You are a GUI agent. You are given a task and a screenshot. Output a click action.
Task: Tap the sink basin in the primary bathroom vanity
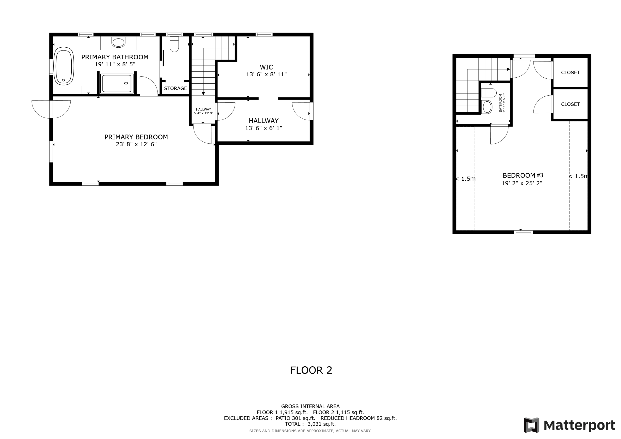pyautogui.click(x=118, y=42)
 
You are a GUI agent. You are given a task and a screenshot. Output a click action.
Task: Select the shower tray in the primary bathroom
pyautogui.click(x=117, y=84)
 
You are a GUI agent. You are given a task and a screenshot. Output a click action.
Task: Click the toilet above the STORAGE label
pyautogui.click(x=174, y=45)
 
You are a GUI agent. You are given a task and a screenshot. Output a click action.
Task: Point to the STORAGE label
pyautogui.click(x=175, y=88)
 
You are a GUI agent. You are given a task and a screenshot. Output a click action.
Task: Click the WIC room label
pyautogui.click(x=266, y=67)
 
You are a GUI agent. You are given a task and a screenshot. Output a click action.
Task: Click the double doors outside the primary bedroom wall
pyautogui.click(x=51, y=109)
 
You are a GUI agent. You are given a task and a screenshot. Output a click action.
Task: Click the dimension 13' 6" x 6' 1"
pyautogui.click(x=264, y=128)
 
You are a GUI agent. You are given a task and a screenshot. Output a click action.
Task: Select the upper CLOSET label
pyautogui.click(x=570, y=72)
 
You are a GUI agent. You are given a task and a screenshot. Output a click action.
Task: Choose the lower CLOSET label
pyautogui.click(x=570, y=104)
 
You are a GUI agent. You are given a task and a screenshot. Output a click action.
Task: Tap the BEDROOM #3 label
pyautogui.click(x=522, y=175)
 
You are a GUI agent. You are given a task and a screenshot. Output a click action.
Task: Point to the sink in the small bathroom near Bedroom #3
pyautogui.click(x=487, y=107)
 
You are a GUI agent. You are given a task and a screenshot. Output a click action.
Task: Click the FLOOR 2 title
pyautogui.click(x=311, y=370)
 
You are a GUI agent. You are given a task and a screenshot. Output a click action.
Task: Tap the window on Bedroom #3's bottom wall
pyautogui.click(x=523, y=232)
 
